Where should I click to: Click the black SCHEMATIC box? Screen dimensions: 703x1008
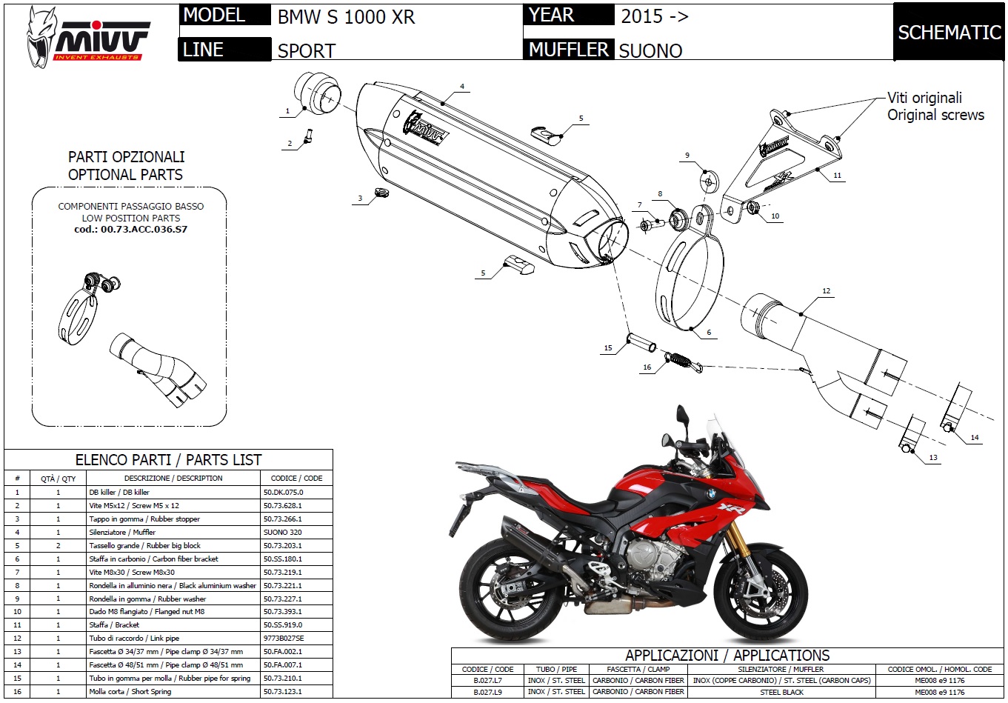click(949, 33)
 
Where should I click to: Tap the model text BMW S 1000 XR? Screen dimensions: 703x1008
click(346, 17)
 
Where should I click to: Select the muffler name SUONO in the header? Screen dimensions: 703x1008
click(650, 50)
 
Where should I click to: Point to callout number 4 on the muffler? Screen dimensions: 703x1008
click(462, 87)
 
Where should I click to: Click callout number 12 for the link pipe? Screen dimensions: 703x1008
click(826, 291)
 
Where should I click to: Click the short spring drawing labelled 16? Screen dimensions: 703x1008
click(682, 359)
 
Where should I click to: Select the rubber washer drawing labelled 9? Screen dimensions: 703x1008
click(710, 181)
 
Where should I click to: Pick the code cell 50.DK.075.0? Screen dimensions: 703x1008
click(283, 492)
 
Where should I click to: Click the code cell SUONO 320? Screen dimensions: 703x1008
click(282, 532)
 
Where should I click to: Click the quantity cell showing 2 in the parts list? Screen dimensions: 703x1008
click(58, 545)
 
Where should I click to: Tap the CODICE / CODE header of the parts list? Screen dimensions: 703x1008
click(296, 478)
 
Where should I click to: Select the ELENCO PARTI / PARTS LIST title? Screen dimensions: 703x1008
click(168, 459)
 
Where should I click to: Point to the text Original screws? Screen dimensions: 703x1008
click(935, 115)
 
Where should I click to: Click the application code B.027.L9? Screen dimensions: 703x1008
click(487, 692)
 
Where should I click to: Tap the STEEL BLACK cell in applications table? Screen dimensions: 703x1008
click(781, 692)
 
